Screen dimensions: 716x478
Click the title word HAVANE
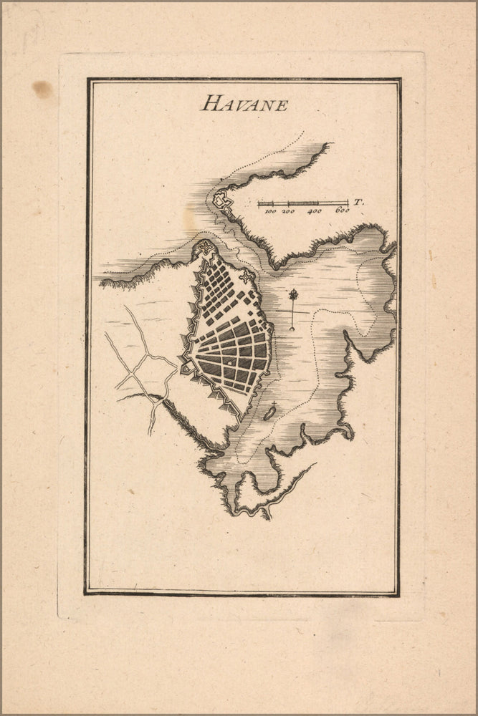click(x=244, y=105)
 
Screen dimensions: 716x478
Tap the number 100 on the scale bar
click(x=269, y=212)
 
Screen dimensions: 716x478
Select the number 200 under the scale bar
click(x=289, y=212)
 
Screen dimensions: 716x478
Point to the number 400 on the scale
click(x=315, y=212)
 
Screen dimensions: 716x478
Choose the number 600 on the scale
click(x=342, y=212)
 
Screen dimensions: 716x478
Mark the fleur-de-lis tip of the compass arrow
click(x=293, y=294)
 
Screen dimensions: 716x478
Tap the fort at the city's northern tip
click(x=206, y=248)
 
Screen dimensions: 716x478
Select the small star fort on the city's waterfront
click(x=248, y=276)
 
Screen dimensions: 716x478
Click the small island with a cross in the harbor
click(x=269, y=412)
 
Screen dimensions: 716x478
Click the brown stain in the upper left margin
click(x=42, y=89)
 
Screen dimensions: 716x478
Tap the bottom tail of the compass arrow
click(x=292, y=329)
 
